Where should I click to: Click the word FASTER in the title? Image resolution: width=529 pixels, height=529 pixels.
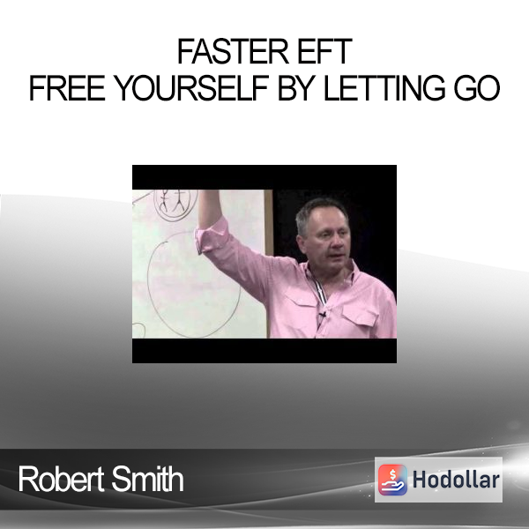click(x=233, y=52)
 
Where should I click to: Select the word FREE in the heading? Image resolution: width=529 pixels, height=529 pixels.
click(x=67, y=88)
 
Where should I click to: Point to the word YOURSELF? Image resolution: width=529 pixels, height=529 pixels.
click(x=190, y=88)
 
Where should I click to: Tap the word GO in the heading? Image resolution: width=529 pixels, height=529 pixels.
click(x=476, y=88)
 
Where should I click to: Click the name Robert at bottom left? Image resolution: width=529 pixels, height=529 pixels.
click(x=62, y=479)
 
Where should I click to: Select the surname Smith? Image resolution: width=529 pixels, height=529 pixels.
click(x=147, y=479)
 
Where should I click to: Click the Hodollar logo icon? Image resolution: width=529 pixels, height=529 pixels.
click(x=392, y=480)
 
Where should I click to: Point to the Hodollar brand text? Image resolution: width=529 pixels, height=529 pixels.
click(x=456, y=480)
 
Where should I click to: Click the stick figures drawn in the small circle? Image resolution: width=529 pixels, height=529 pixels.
click(x=174, y=201)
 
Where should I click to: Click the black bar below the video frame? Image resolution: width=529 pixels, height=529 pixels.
click(x=264, y=351)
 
